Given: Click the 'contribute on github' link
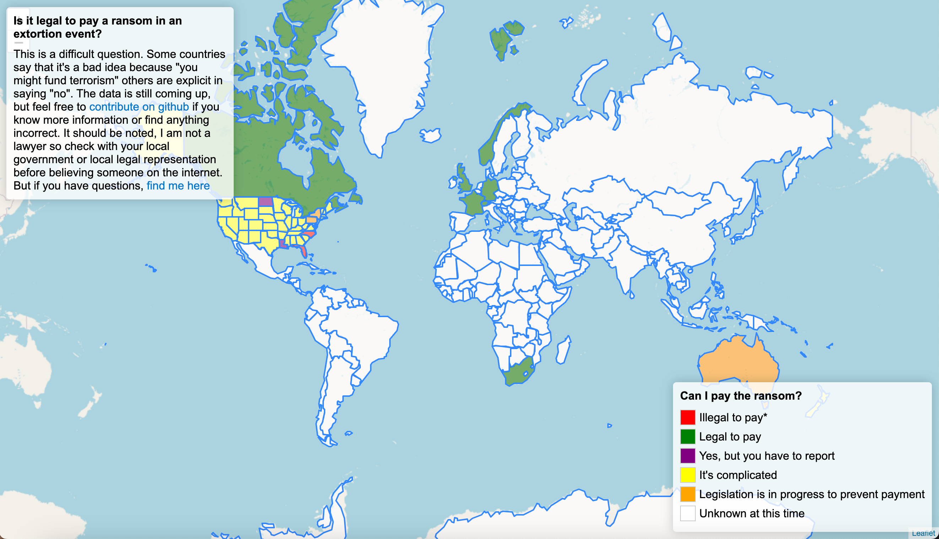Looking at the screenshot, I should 139,107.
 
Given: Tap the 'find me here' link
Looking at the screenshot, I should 178,186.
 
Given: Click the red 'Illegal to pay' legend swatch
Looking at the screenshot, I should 688,417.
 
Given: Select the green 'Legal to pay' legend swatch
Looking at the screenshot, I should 688,437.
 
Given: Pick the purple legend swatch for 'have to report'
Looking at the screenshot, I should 688,456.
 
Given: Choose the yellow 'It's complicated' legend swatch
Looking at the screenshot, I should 688,475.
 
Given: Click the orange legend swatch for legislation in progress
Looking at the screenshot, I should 688,495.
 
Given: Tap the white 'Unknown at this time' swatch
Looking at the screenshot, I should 688,514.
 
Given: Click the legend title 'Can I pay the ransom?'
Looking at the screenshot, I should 740,396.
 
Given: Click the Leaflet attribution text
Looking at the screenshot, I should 923,533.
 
